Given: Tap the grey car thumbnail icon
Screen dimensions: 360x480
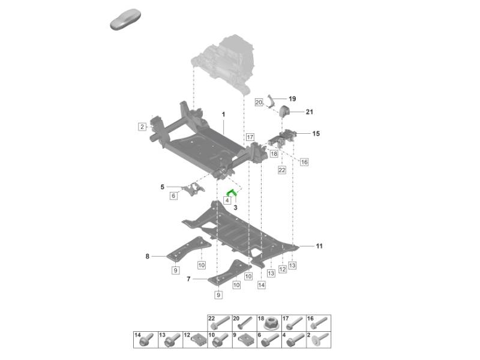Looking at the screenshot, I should click(x=125, y=20).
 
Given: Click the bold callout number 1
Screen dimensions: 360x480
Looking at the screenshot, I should click(x=223, y=114).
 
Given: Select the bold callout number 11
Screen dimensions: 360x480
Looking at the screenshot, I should click(x=319, y=246).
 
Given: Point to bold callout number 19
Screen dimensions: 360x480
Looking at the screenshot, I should click(x=292, y=99).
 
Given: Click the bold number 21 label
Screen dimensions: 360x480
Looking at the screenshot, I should click(x=310, y=112).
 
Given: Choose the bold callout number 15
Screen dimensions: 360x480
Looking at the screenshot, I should click(x=316, y=134).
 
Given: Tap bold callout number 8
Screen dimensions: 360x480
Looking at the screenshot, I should click(x=147, y=257).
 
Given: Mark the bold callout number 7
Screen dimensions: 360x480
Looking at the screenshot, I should click(x=188, y=279).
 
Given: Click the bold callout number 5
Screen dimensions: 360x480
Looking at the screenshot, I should click(x=162, y=187).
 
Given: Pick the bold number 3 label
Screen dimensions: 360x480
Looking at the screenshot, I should click(x=236, y=207).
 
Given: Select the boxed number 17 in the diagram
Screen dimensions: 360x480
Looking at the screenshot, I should click(x=250, y=137).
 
